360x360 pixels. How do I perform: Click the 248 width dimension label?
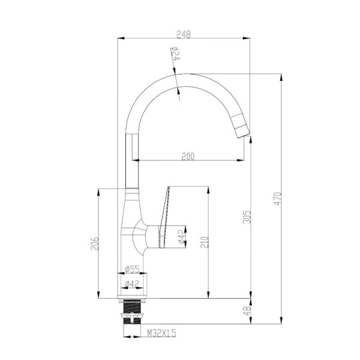point(184,34)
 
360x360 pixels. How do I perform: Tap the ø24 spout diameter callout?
point(176,54)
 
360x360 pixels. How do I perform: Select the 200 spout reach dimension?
point(188,157)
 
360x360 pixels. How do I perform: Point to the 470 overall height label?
point(278,199)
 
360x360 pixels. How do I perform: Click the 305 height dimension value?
point(247,217)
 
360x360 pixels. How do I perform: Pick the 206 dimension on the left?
point(95,244)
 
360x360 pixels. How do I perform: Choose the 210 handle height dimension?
point(205,242)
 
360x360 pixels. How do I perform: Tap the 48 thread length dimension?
point(247,311)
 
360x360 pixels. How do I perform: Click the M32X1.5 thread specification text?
point(161,332)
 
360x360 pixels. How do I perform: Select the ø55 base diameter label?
point(132,269)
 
